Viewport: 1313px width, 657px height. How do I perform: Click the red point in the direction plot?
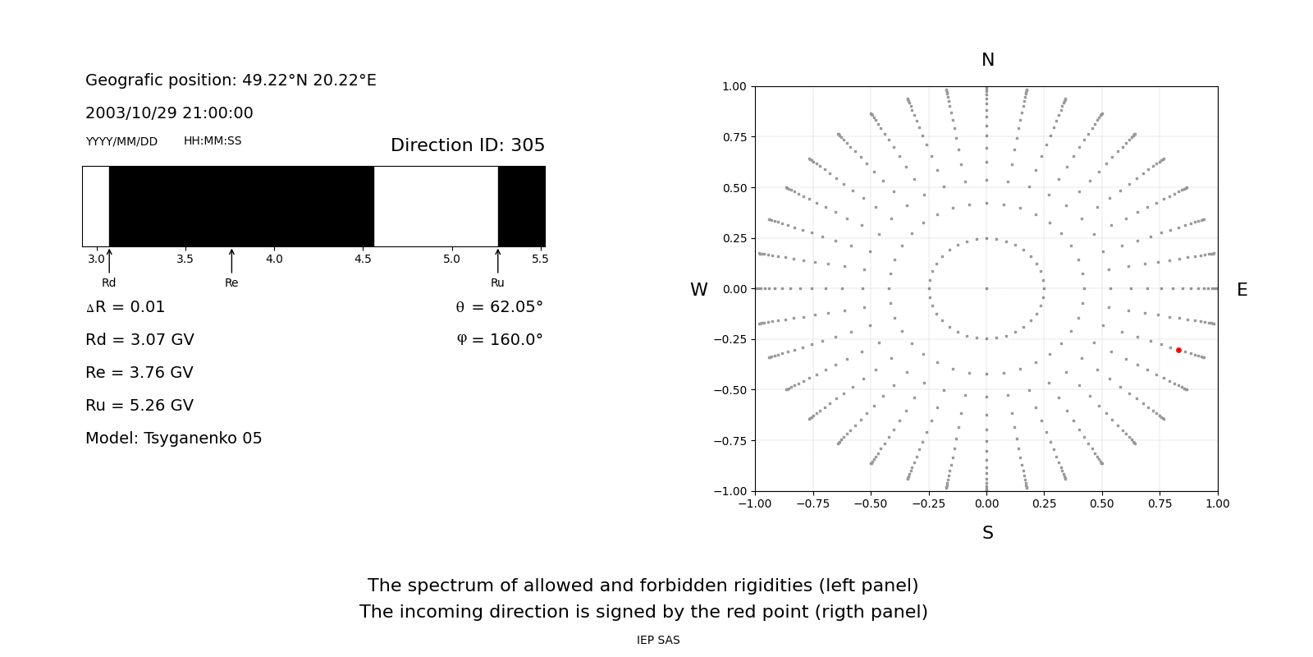(x=1178, y=350)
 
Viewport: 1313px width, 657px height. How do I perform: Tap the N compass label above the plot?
(x=987, y=60)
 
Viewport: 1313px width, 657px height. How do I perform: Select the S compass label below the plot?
(x=987, y=533)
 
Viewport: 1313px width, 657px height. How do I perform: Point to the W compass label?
(x=698, y=290)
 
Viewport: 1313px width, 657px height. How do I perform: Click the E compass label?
(x=1242, y=290)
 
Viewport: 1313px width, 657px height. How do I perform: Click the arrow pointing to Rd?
(x=109, y=261)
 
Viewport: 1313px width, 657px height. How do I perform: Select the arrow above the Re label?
(x=231, y=261)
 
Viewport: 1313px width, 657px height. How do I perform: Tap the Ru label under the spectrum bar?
(x=497, y=283)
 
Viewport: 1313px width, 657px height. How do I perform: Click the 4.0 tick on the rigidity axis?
(x=274, y=259)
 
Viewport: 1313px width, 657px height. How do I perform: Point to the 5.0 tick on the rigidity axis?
(x=451, y=259)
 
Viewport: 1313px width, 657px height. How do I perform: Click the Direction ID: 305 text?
(x=468, y=145)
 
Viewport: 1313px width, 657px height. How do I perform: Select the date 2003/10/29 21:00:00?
(x=169, y=113)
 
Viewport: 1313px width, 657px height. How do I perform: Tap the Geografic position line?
(x=231, y=80)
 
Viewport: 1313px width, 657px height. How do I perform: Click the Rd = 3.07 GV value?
(x=140, y=340)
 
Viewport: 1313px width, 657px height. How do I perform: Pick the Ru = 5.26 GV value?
(x=140, y=406)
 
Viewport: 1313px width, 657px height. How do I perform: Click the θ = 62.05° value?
(x=499, y=307)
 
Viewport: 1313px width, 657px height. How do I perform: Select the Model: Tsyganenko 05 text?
(x=174, y=439)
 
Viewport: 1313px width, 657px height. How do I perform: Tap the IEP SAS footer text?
(x=658, y=641)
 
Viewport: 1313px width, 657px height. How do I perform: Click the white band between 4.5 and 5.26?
(x=436, y=206)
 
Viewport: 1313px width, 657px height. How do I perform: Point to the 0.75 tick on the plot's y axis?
(x=734, y=137)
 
